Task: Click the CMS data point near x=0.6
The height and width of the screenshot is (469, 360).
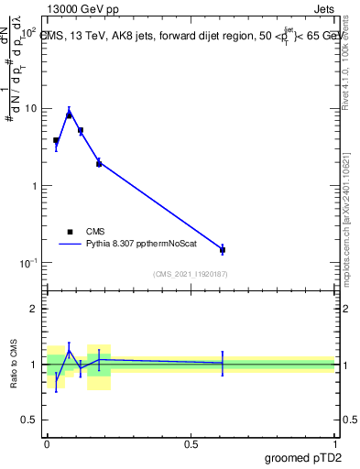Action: (x=223, y=249)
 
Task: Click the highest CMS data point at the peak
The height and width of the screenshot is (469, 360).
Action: (x=69, y=115)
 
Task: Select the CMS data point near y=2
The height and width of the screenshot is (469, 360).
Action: (x=99, y=163)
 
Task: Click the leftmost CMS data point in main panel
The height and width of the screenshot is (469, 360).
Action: (x=56, y=141)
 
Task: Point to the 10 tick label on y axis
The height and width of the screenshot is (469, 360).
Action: (x=30, y=109)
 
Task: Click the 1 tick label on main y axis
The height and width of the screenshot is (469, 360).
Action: (x=35, y=186)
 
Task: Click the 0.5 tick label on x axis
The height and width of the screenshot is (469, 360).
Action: (x=191, y=443)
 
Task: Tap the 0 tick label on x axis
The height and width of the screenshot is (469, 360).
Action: (x=47, y=443)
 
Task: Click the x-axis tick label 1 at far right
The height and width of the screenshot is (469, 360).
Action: (x=334, y=443)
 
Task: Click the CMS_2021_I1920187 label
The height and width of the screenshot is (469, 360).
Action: (x=190, y=274)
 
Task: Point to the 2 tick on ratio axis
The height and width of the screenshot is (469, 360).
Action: (x=35, y=309)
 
